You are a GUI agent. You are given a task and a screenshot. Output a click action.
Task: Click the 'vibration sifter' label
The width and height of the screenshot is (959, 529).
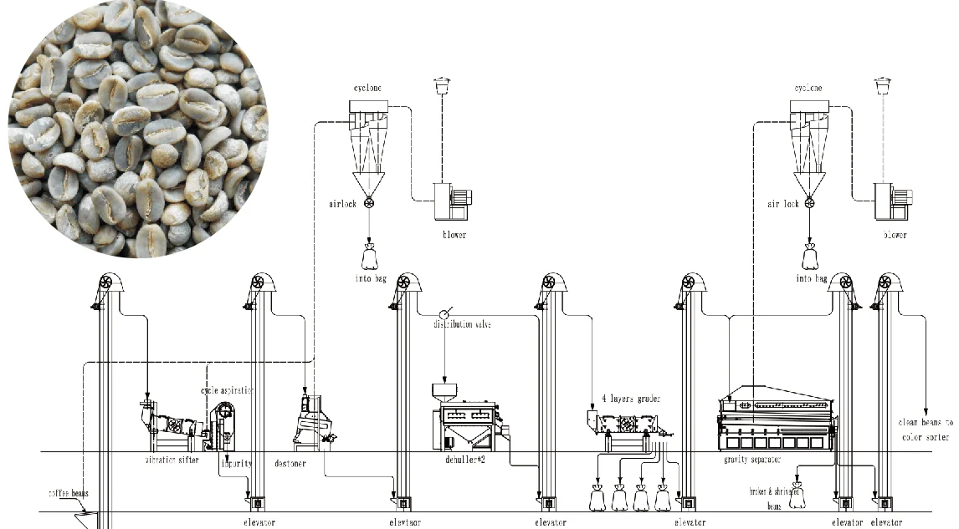click(x=172, y=460)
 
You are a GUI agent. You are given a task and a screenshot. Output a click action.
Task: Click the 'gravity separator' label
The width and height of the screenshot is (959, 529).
click(x=752, y=460)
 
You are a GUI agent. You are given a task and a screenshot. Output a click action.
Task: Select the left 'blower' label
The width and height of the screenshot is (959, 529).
click(x=454, y=235)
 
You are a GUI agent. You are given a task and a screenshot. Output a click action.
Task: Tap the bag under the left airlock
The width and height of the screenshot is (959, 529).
click(x=368, y=253)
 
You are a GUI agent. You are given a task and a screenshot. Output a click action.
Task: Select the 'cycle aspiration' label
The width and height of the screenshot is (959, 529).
click(x=226, y=390)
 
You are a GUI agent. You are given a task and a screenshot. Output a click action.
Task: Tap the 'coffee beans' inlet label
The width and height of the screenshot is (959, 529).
click(x=68, y=493)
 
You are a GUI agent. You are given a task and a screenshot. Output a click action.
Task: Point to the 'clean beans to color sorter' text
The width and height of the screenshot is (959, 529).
click(x=926, y=430)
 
